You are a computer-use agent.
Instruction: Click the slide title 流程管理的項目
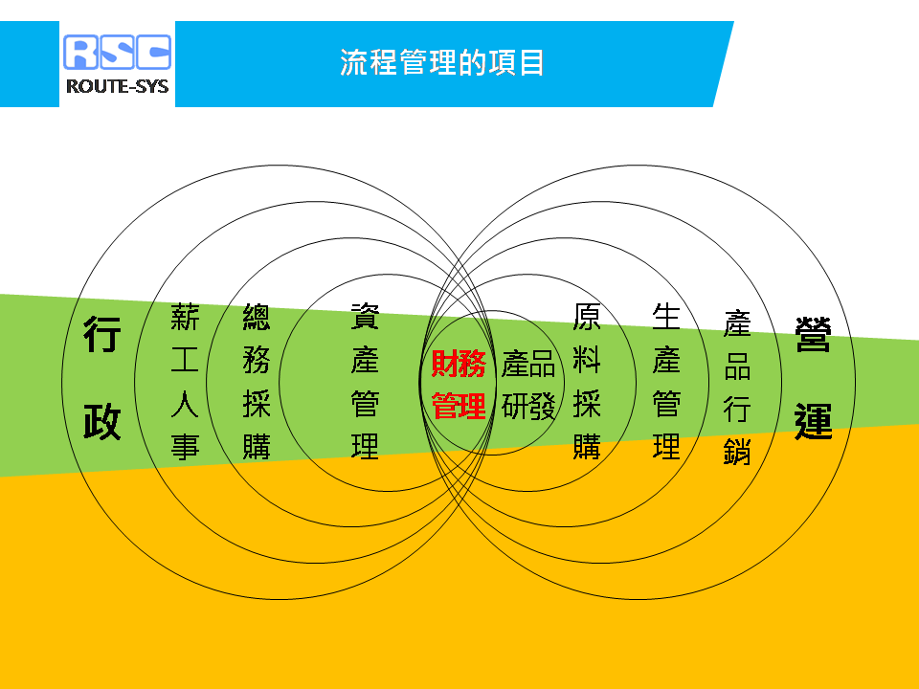click(442, 63)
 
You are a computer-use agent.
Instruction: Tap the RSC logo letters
click(117, 52)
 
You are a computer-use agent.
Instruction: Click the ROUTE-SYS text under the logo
click(117, 87)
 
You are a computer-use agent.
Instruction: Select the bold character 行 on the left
click(102, 334)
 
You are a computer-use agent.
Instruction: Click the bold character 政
click(102, 421)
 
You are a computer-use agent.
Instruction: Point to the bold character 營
click(813, 334)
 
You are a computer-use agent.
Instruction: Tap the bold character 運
click(813, 421)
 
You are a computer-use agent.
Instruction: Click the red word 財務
click(459, 364)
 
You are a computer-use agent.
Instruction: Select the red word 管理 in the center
click(459, 406)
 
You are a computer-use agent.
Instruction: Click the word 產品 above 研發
click(528, 364)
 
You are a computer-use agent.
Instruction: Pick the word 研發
click(528, 406)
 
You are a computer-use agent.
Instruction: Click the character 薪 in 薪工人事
click(185, 317)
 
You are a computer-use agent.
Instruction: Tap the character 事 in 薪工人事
click(185, 447)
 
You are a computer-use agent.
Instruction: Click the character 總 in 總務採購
click(257, 317)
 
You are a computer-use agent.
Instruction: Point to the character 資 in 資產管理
click(365, 317)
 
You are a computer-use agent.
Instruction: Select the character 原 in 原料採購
click(587, 317)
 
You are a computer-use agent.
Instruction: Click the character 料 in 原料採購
click(587, 361)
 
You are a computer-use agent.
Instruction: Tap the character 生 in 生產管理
click(666, 317)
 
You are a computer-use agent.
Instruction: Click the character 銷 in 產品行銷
click(737, 452)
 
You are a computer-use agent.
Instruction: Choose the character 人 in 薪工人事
click(185, 404)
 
